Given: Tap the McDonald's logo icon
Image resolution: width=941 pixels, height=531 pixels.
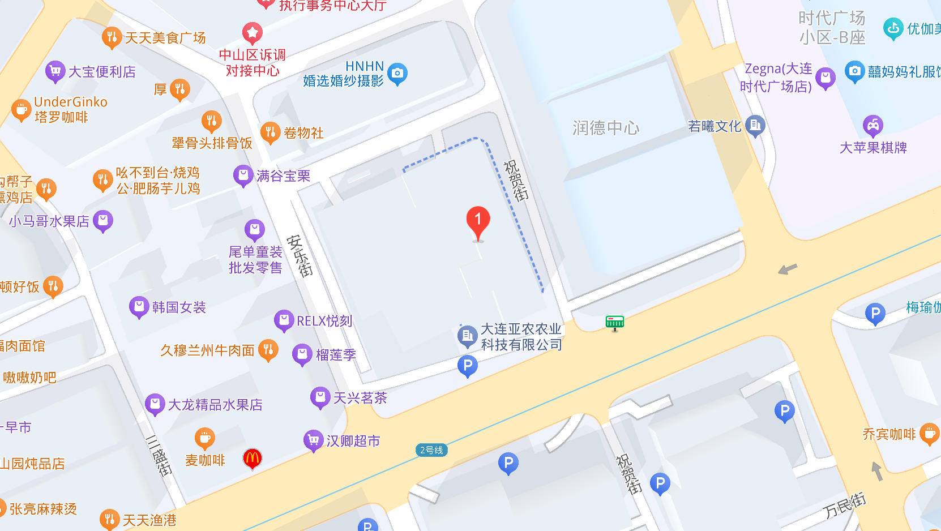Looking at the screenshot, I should pyautogui.click(x=253, y=458).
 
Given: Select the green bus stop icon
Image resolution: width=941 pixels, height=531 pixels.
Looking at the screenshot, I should pyautogui.click(x=614, y=323).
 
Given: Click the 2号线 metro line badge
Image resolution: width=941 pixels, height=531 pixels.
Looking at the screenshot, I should pyautogui.click(x=431, y=450).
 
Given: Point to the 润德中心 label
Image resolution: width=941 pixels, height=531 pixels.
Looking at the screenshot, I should pyautogui.click(x=606, y=128).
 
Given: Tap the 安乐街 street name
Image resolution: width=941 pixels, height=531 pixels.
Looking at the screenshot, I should pyautogui.click(x=300, y=255).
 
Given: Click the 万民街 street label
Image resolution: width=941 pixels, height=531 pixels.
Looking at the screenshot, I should pyautogui.click(x=844, y=505).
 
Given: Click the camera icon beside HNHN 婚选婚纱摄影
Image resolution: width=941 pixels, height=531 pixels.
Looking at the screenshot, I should pyautogui.click(x=397, y=73).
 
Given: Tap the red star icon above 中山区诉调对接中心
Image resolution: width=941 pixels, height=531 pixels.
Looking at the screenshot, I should pyautogui.click(x=252, y=33).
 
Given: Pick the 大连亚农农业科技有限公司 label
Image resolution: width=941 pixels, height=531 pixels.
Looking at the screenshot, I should pyautogui.click(x=521, y=337).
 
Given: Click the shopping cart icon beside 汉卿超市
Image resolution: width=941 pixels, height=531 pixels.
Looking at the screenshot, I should pyautogui.click(x=313, y=440).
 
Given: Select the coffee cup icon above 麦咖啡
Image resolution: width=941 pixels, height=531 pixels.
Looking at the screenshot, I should pyautogui.click(x=205, y=438).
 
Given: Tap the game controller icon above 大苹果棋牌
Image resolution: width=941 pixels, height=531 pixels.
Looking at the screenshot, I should pyautogui.click(x=872, y=125).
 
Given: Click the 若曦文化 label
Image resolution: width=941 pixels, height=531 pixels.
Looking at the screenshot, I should pyautogui.click(x=715, y=126).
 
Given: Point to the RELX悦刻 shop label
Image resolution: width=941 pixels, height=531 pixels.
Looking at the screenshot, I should pyautogui.click(x=324, y=321).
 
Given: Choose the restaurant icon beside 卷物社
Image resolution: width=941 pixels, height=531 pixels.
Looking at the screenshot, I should pyautogui.click(x=270, y=132).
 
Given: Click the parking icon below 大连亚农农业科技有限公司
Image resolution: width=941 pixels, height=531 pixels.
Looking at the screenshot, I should pyautogui.click(x=467, y=366).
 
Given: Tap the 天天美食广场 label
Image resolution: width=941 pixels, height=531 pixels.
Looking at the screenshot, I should pyautogui.click(x=165, y=38).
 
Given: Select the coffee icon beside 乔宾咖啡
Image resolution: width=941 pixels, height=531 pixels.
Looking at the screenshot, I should pyautogui.click(x=929, y=434).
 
